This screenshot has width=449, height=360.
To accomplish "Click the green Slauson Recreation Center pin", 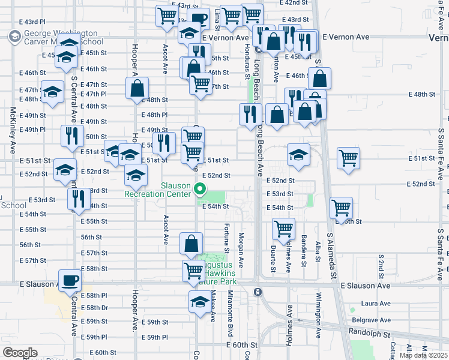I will pos(200,192).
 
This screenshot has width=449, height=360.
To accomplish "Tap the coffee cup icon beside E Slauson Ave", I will pos(70,280).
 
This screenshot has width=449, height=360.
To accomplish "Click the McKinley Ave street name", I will pos(13,131).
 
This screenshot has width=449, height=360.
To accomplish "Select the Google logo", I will pos(20,352).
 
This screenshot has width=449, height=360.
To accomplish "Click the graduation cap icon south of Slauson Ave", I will pos(200,302).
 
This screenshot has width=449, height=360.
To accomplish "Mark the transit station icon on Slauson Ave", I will pos(257,292).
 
